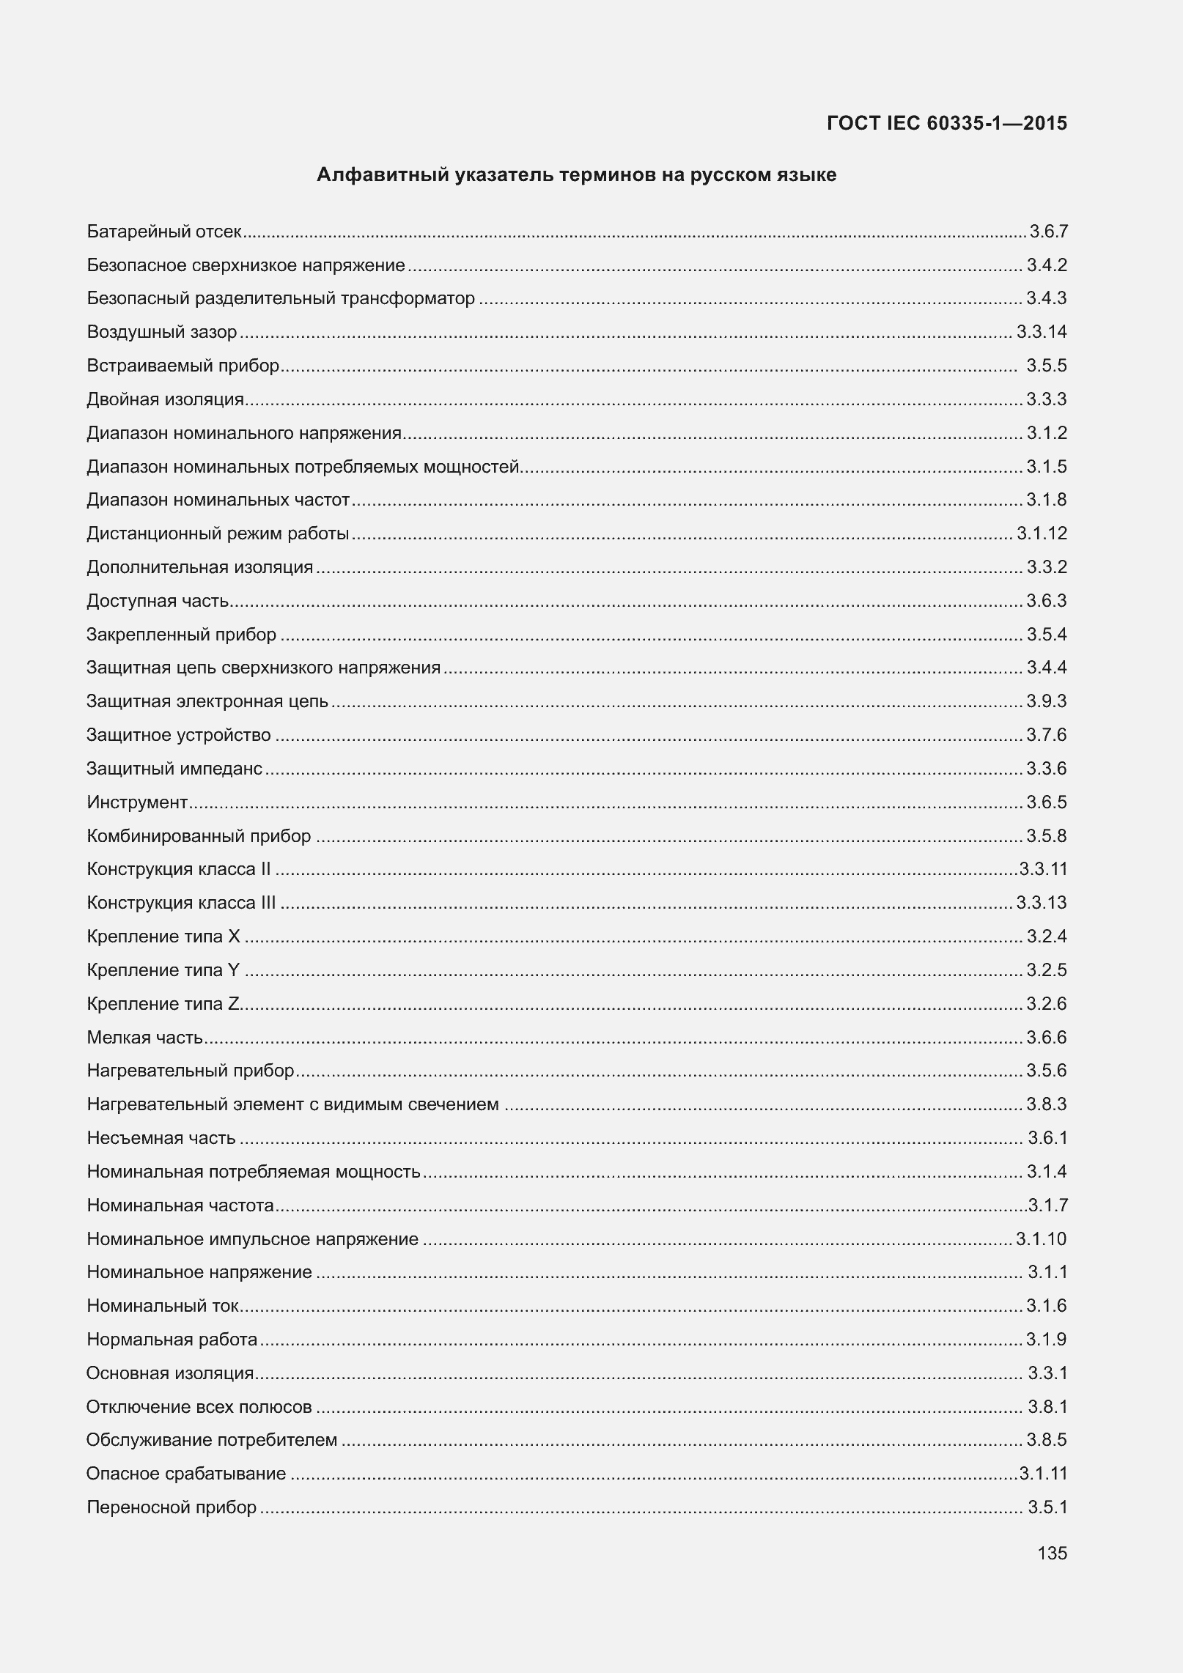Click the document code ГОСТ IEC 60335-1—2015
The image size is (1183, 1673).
[x=946, y=123]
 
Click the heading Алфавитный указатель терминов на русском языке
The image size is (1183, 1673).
[x=576, y=175]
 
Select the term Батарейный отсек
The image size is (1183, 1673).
[x=164, y=232]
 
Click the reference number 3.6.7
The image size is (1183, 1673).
[x=1048, y=232]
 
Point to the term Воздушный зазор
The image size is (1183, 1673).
[x=162, y=332]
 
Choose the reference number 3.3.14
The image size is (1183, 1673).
[x=1042, y=332]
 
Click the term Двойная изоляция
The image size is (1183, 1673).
[x=165, y=399]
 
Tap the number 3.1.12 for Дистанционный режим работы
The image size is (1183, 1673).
[x=1042, y=533]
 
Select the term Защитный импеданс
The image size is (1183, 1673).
[x=174, y=769]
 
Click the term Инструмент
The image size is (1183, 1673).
[x=137, y=802]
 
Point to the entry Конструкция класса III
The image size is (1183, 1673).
[x=181, y=903]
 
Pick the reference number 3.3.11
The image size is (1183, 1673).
[x=1043, y=869]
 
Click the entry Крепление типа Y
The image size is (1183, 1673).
[x=163, y=970]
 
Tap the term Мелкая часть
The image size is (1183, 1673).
[x=145, y=1038]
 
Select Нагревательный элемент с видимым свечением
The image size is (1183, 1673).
[x=292, y=1104]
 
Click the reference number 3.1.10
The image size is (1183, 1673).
[x=1041, y=1239]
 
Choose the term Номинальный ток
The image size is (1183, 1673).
[x=163, y=1306]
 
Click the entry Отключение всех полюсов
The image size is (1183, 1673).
[x=199, y=1407]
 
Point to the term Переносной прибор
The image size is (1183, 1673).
[x=172, y=1507]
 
